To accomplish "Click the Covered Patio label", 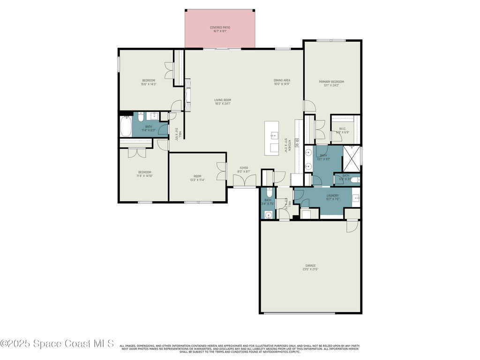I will (219, 28).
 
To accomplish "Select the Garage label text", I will (310, 266).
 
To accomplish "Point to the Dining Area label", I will (282, 80).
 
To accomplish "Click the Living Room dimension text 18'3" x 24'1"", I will (223, 104).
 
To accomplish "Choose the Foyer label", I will (244, 168).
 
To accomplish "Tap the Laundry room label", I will (332, 195).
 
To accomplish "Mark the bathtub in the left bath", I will (126, 127).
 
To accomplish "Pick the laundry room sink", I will (356, 198).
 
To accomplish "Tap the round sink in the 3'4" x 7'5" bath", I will (268, 215).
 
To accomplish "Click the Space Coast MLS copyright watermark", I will (57, 344).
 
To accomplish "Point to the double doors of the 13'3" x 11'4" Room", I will (221, 171).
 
